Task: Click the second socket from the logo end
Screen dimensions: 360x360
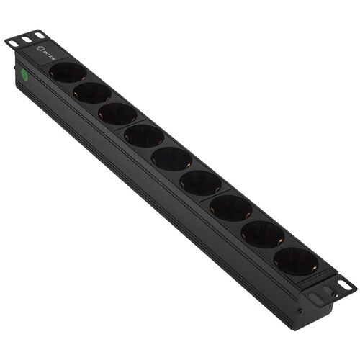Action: point(91,92)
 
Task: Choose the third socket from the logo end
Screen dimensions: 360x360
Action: point(117,114)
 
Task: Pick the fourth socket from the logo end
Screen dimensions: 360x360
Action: point(143,135)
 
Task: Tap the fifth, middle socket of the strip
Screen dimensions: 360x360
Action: point(171,158)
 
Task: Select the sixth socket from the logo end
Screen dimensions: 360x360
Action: point(200,182)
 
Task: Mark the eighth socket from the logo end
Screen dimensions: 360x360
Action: point(262,233)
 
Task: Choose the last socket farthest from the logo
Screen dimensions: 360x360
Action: point(295,261)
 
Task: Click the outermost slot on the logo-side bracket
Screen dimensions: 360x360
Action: point(12,43)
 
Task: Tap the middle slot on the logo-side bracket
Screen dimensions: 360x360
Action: point(25,39)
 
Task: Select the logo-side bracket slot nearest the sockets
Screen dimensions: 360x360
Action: point(38,35)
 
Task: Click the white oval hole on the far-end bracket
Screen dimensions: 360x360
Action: point(346,286)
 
